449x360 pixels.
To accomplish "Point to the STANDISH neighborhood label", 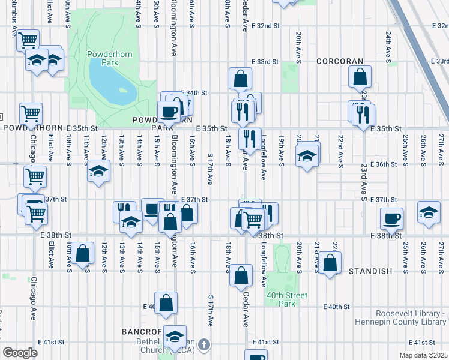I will tap(370, 271).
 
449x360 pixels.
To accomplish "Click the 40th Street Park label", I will tap(285, 299).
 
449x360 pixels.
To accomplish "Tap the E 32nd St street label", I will tap(264, 26).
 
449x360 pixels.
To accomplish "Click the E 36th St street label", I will tap(384, 164).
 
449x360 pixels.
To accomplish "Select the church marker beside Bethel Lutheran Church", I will tap(204, 344).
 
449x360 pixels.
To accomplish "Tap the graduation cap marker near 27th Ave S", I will tap(429, 213).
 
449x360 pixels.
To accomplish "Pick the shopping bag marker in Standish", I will tap(330, 262).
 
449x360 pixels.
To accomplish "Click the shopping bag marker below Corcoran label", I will tap(360, 76).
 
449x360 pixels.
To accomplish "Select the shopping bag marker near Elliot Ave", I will tap(83, 253).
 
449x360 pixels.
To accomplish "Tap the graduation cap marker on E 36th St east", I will tap(307, 156).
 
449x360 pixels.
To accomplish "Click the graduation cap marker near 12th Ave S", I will tap(98, 172).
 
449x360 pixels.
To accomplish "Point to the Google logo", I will tap(20, 353).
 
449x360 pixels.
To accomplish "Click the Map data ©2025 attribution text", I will tap(423, 355).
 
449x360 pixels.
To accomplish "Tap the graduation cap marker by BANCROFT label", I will tap(175, 337).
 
